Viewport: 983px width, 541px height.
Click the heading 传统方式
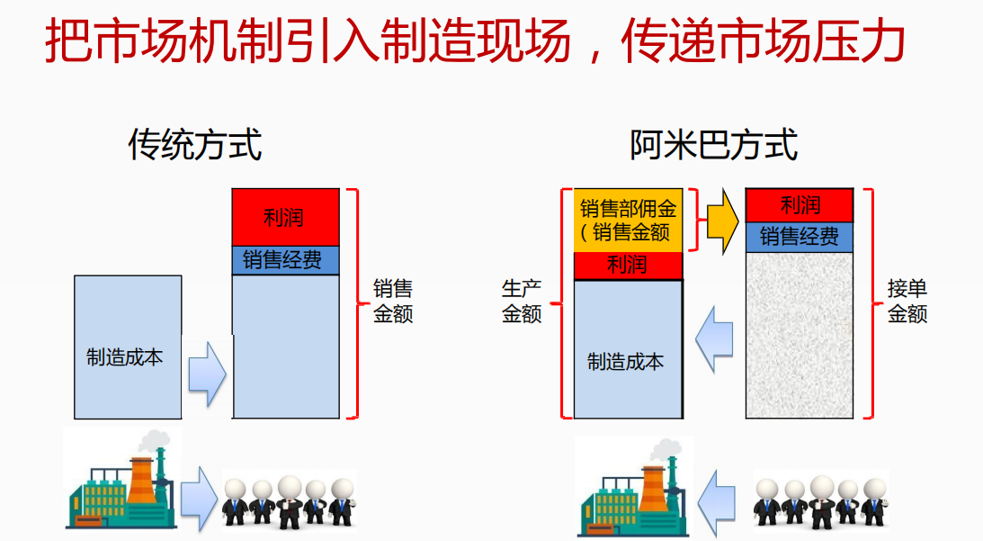pos(195,145)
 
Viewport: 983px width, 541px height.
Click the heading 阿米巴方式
pos(713,145)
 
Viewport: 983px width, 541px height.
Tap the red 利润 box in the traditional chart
pos(285,217)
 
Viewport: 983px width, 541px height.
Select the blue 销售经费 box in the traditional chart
pos(285,260)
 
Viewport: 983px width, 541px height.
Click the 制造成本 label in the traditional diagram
pos(124,357)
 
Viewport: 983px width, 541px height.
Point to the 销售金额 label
pos(393,301)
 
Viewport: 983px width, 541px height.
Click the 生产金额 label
pos(522,301)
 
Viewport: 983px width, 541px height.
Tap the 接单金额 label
pos(907,301)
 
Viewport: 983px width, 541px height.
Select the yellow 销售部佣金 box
pos(628,221)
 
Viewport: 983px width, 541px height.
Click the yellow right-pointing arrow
pos(723,221)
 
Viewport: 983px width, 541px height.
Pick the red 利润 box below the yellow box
pos(628,266)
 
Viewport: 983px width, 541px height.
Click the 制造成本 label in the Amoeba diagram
pos(625,362)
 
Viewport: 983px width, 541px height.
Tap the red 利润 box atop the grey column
pos(800,205)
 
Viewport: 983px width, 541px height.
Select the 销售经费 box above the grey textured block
pos(800,238)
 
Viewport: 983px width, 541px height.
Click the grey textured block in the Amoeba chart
pos(800,335)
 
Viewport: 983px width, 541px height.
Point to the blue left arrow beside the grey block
pos(714,339)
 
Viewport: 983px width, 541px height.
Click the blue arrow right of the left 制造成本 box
pos(208,374)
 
